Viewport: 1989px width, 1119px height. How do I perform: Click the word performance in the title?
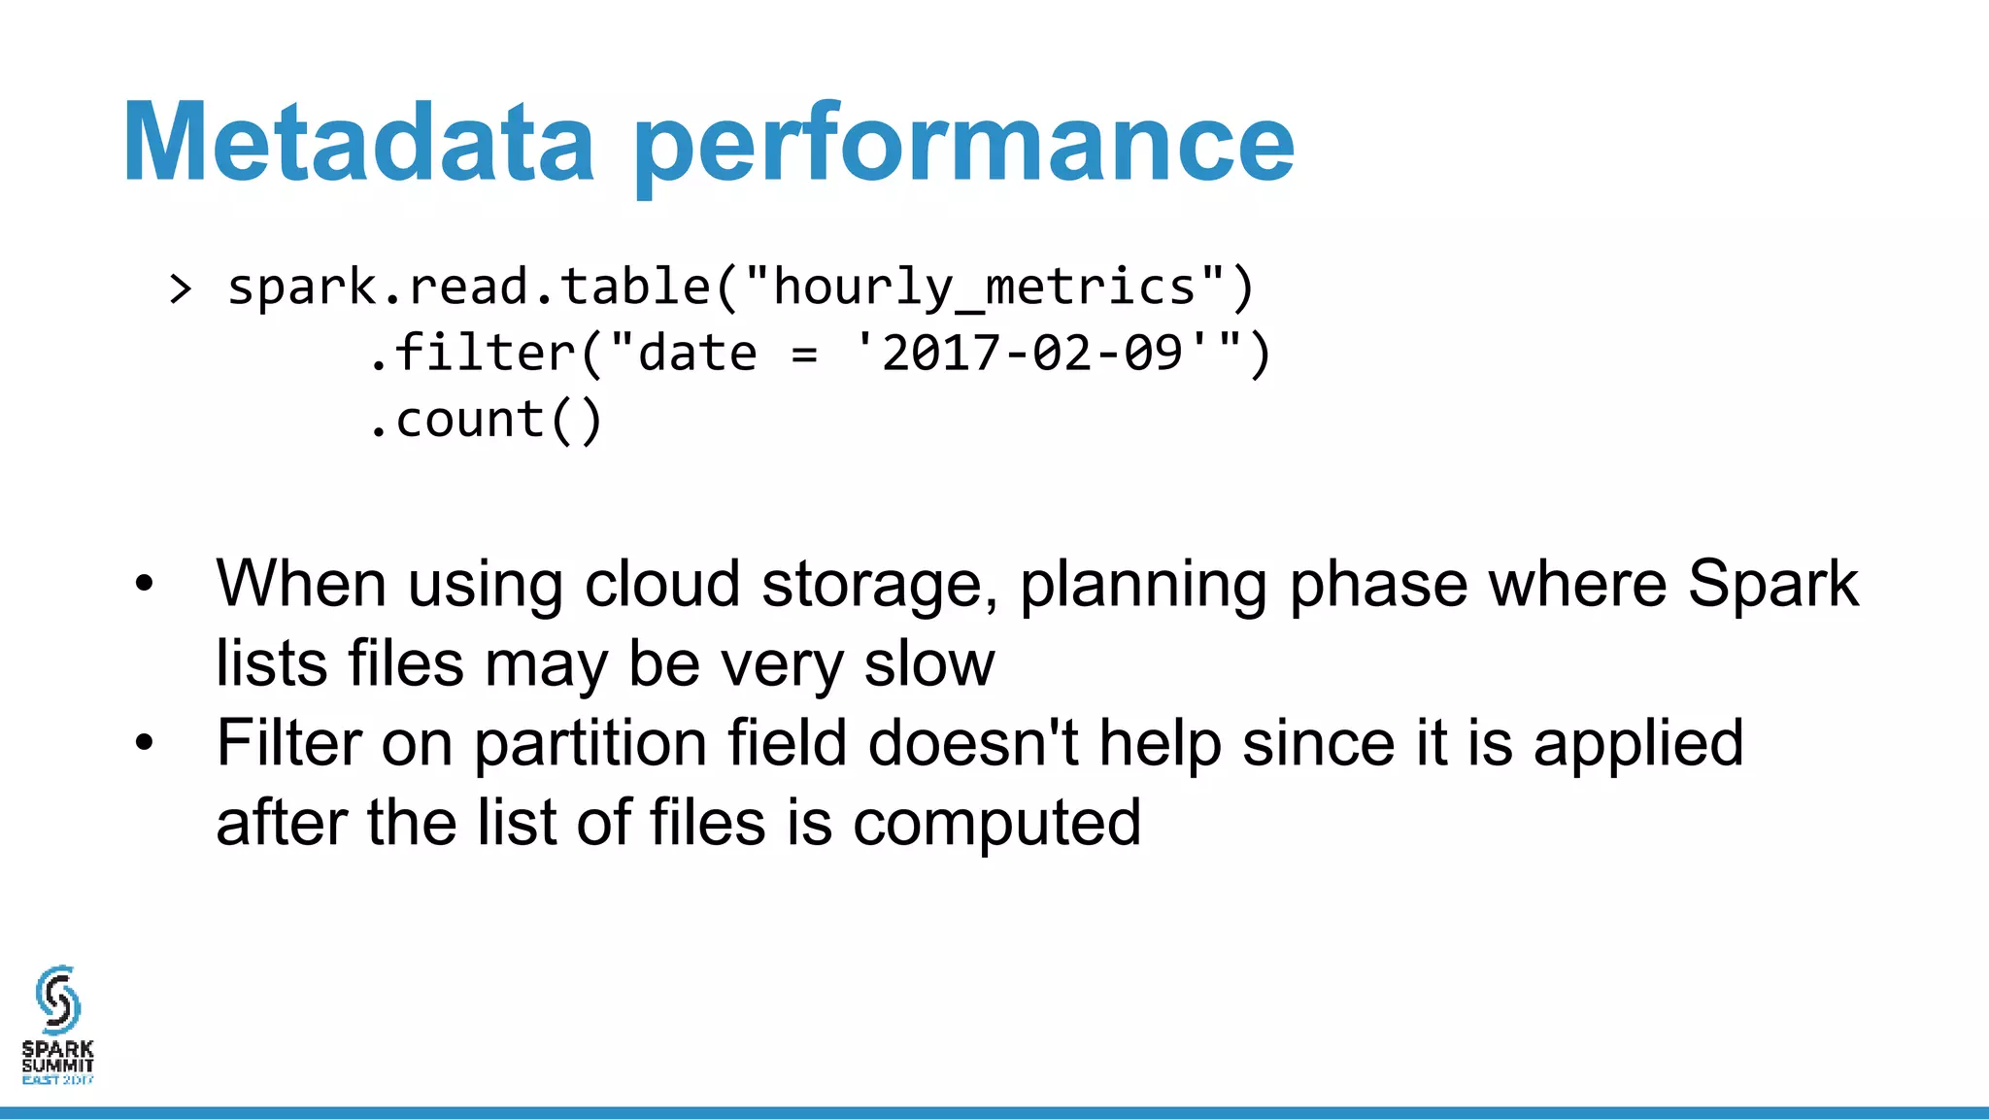[963, 146]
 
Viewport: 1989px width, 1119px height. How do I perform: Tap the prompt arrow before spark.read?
[181, 288]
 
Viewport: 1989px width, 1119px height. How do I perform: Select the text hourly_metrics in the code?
[984, 288]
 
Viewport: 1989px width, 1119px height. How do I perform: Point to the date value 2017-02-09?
[1032, 354]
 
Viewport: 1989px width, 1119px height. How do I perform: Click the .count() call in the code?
[486, 421]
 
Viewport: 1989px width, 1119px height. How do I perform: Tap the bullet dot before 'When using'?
[145, 584]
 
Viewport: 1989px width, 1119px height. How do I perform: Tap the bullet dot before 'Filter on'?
[145, 743]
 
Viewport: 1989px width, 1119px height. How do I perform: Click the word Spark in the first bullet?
[1772, 585]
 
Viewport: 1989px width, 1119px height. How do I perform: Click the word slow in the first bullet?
[929, 664]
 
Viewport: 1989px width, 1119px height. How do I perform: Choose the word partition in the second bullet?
[590, 744]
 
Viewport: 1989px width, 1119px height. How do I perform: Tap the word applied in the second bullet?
[1638, 744]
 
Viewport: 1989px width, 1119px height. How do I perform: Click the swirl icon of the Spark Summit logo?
[57, 1000]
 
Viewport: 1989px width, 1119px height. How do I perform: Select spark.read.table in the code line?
[469, 288]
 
